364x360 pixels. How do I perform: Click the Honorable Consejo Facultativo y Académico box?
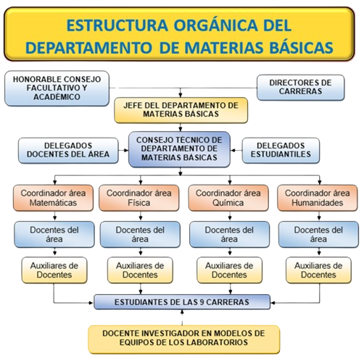[57, 88]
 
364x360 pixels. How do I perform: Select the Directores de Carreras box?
[300, 87]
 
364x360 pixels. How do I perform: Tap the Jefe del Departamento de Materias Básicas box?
[181, 110]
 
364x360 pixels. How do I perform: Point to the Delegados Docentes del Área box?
[68, 150]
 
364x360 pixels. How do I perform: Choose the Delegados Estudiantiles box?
[281, 150]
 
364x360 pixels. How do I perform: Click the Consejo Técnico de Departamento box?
[179, 149]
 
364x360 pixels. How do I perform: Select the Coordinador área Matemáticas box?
[53, 198]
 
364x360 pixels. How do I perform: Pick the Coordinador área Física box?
[139, 198]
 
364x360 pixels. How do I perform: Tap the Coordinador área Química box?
[228, 198]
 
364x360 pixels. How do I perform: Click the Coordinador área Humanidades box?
[318, 198]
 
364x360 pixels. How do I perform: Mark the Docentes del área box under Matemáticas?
[54, 234]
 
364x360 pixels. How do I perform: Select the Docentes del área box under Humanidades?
[318, 234]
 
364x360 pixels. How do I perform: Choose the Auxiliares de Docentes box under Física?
[140, 270]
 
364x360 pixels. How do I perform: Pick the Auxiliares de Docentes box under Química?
[229, 270]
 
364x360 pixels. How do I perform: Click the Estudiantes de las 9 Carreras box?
[182, 302]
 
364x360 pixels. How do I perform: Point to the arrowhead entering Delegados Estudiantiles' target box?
[233, 150]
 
